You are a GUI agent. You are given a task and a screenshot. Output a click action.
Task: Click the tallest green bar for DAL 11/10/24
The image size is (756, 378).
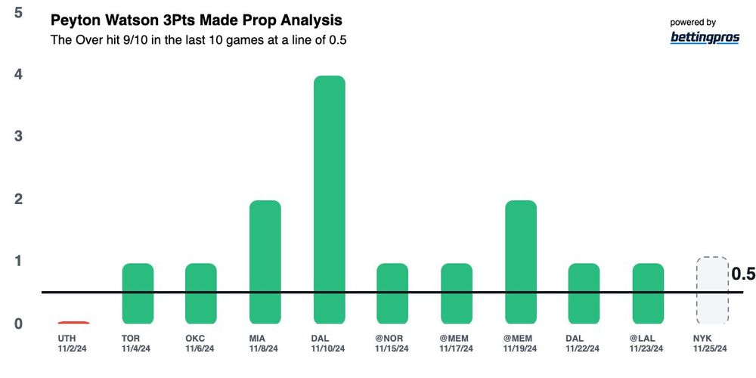pos(330,200)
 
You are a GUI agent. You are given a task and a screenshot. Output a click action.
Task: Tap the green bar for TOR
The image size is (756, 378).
pos(138,294)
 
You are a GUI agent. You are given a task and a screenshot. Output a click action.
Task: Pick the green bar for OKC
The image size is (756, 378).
pos(201,294)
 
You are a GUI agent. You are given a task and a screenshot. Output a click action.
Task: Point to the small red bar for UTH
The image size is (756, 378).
pos(73,323)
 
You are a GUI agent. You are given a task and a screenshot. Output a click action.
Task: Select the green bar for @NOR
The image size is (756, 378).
pos(392,294)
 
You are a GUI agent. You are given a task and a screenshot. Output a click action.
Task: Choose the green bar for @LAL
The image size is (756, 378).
pos(648,294)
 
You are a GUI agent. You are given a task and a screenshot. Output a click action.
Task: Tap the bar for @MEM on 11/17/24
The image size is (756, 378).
pos(457,294)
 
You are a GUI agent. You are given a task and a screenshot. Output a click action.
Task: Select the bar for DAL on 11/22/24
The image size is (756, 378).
pos(584,294)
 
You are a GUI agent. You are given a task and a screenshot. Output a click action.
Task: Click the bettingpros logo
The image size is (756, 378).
pos(705,38)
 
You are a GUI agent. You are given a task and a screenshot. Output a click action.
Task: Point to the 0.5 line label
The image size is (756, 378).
pos(743,274)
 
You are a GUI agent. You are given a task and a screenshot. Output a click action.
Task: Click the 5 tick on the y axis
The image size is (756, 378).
pos(17,13)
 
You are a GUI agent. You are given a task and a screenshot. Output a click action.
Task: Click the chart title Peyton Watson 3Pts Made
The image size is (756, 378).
pos(196,20)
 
